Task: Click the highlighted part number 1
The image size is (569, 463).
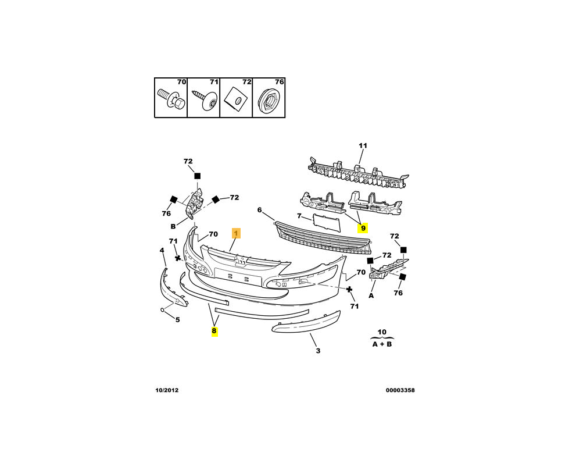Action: click(x=236, y=233)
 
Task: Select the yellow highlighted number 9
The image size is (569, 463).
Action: click(x=363, y=228)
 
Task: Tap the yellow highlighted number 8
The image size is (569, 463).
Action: click(x=214, y=331)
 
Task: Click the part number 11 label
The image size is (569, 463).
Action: click(x=363, y=145)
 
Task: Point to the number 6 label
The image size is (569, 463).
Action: click(x=260, y=210)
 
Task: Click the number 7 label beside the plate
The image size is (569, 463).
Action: click(x=299, y=216)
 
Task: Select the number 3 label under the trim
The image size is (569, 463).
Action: click(x=318, y=351)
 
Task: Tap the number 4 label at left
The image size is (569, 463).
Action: click(x=162, y=251)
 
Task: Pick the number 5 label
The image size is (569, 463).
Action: click(x=177, y=319)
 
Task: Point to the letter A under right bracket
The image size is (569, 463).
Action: click(x=371, y=295)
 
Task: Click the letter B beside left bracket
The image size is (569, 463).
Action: click(x=173, y=227)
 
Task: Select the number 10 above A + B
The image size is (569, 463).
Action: click(x=381, y=332)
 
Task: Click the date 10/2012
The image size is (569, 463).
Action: click(x=166, y=390)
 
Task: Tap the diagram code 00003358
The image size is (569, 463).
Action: click(x=400, y=390)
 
